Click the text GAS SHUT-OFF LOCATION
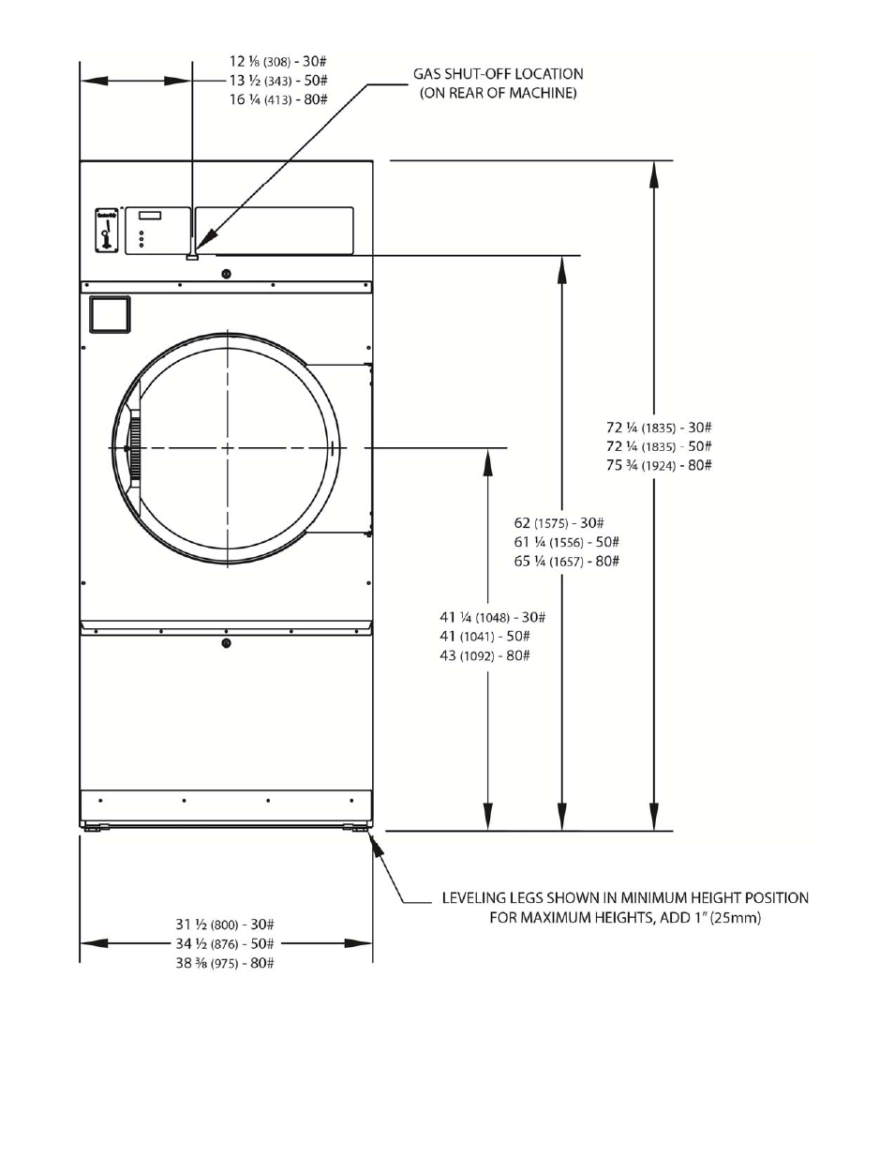point(498,73)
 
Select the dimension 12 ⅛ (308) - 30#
point(278,61)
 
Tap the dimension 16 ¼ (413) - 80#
point(278,99)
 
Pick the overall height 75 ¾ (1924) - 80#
point(659,465)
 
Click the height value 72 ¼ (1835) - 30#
point(659,427)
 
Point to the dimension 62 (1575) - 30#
point(559,522)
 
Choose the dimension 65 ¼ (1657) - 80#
point(566,561)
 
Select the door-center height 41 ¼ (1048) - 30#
point(492,617)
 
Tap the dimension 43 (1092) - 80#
point(484,655)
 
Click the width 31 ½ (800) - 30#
point(224,925)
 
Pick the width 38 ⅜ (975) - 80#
point(224,963)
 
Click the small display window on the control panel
point(150,215)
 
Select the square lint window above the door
point(109,315)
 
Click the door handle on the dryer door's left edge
point(133,449)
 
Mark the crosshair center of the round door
point(227,448)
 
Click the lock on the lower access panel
point(226,643)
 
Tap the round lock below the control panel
point(226,274)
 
